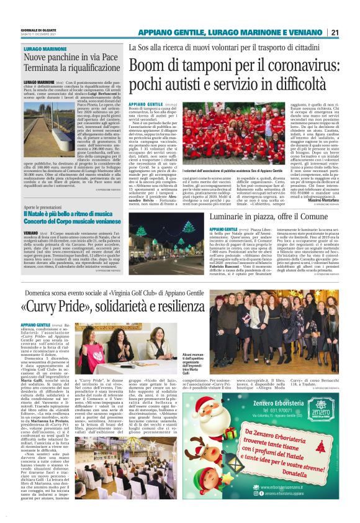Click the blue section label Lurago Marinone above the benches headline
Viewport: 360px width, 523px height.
[x=42, y=48]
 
